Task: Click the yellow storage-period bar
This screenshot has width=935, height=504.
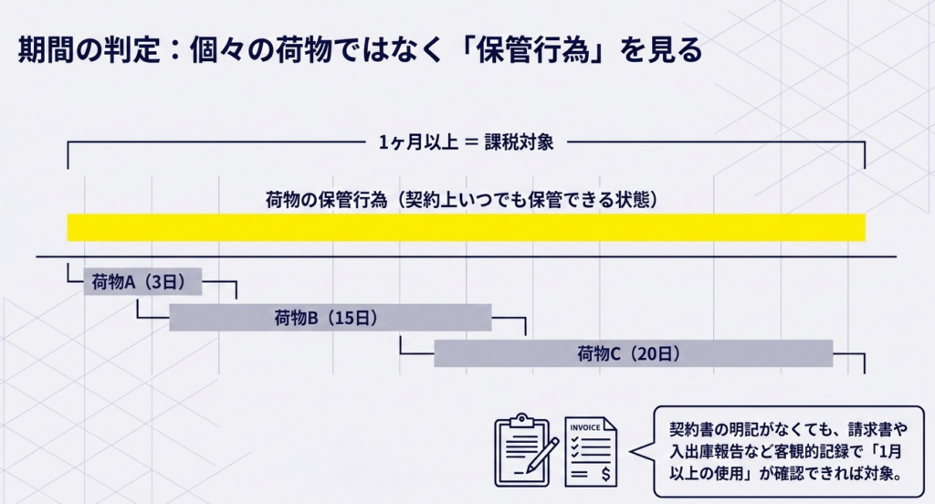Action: (466, 227)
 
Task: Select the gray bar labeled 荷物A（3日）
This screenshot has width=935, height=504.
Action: (142, 283)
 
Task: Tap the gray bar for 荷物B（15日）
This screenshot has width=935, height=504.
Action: (330, 318)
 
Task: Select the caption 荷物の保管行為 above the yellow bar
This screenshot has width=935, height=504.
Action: (320, 199)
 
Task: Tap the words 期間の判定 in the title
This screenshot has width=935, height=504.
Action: (68, 51)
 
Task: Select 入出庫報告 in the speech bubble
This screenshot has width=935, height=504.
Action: (708, 451)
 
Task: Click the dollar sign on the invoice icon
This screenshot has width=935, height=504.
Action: (607, 475)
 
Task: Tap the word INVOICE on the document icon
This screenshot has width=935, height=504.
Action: (585, 427)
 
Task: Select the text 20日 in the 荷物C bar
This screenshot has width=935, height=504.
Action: (659, 353)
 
